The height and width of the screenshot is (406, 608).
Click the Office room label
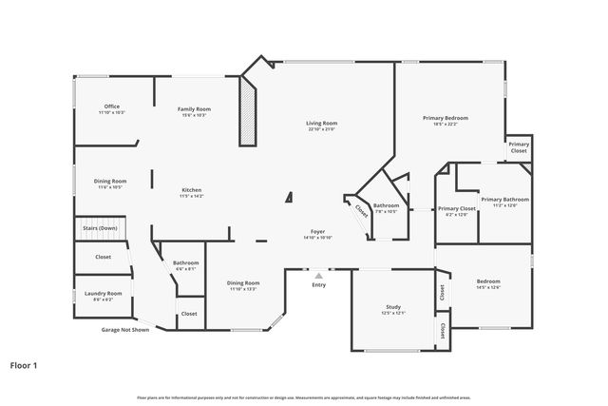pos(111,106)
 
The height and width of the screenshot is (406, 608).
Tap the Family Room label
pos(194,109)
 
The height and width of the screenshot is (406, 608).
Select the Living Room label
pos(321,124)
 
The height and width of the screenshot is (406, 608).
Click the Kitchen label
pos(191,190)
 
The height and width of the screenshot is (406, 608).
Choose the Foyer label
pos(318,232)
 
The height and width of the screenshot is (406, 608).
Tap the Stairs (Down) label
pos(100,228)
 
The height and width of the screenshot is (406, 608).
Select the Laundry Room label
pos(103,294)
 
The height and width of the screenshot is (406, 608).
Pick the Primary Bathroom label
pos(504,200)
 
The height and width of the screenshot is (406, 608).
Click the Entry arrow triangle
pos(318,276)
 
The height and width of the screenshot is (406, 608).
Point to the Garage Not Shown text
pos(125,330)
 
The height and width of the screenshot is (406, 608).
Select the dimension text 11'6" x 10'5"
pos(110,187)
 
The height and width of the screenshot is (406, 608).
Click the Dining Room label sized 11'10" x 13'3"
pos(243,282)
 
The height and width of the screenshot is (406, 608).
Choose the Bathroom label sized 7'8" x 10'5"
pos(386,205)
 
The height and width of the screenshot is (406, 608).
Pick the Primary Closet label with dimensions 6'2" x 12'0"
pos(456,208)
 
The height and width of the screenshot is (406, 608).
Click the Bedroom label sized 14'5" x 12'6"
pos(487,281)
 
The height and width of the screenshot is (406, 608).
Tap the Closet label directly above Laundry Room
pos(103,257)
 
